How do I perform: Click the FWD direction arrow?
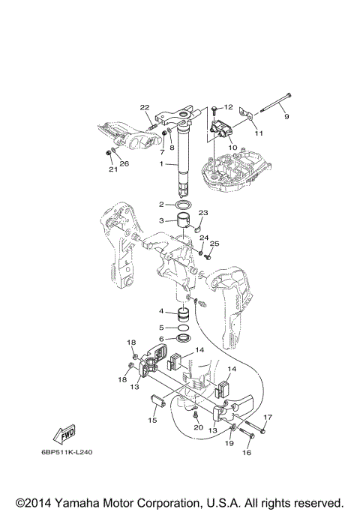coord(64,434)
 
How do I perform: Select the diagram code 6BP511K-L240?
coord(67,453)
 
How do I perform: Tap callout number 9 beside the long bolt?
coord(286,117)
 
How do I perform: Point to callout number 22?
coord(145,107)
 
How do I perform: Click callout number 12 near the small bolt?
coord(229,107)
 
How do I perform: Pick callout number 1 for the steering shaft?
coord(161,164)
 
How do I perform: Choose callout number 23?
coord(203,213)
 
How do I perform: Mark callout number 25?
coord(214,244)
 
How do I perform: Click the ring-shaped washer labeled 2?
coord(184,205)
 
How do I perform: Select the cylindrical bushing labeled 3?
coord(184,222)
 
